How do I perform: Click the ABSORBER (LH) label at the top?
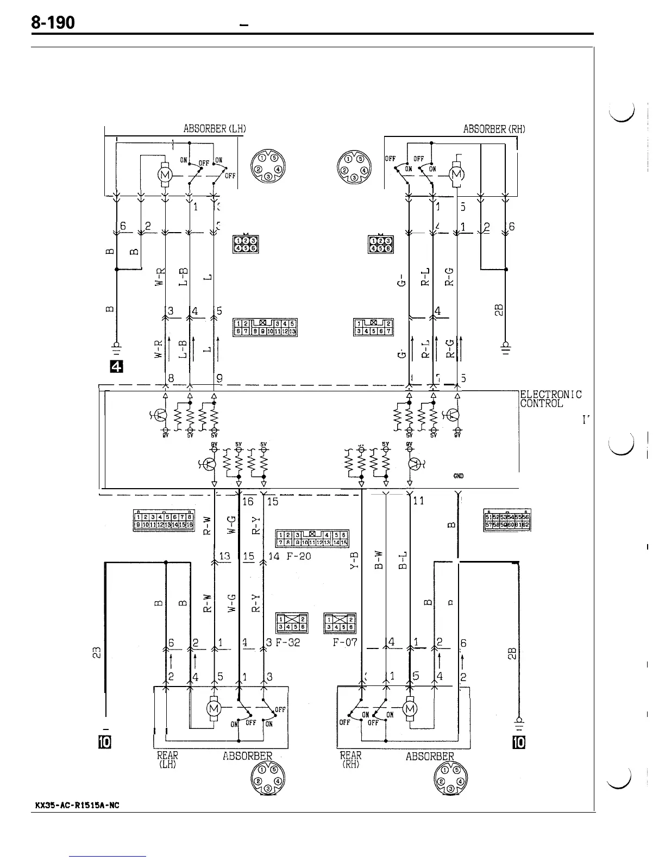tap(215, 129)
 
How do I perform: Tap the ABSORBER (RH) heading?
tap(494, 129)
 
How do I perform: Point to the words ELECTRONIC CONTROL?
tap(550, 399)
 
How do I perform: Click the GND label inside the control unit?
tap(458, 476)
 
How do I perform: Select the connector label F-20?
tap(298, 556)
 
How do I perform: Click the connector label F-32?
tap(287, 642)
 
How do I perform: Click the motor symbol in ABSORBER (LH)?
tap(165, 174)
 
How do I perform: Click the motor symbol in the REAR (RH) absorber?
tap(410, 708)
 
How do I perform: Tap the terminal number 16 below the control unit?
tap(248, 501)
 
